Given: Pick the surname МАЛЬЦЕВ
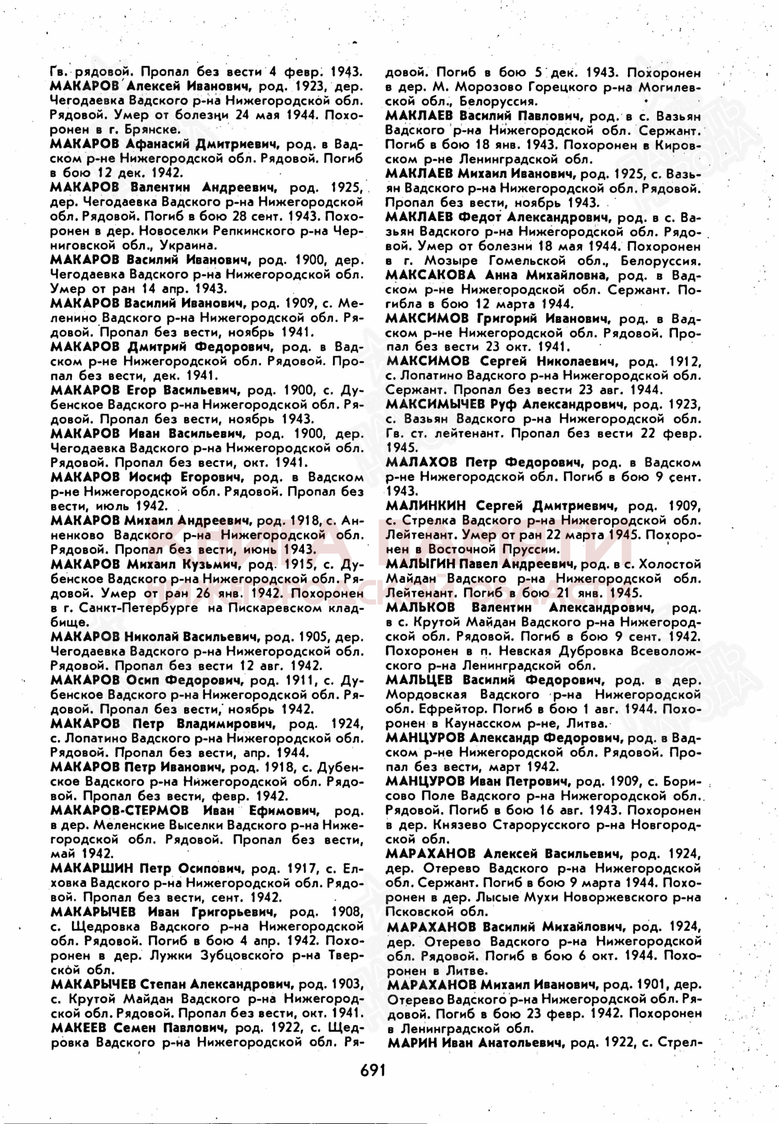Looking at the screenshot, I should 419,680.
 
